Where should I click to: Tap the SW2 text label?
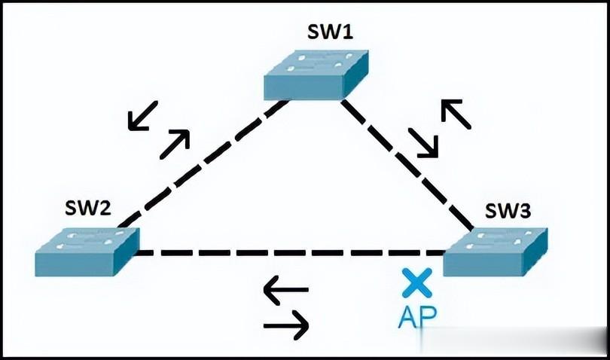click(x=89, y=209)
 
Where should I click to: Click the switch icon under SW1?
click(x=316, y=75)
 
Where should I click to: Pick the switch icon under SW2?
click(x=87, y=250)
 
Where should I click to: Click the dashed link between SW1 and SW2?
click(x=203, y=163)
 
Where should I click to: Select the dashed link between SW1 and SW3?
click(x=407, y=164)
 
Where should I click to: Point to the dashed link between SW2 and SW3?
click(x=286, y=252)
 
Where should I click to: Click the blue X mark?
click(x=414, y=282)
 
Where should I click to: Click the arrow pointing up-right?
click(x=174, y=143)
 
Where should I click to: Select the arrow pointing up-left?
click(x=456, y=114)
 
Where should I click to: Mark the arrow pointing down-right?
click(x=423, y=143)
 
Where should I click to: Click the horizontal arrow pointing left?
click(x=285, y=290)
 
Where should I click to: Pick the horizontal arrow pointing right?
click(x=286, y=326)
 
